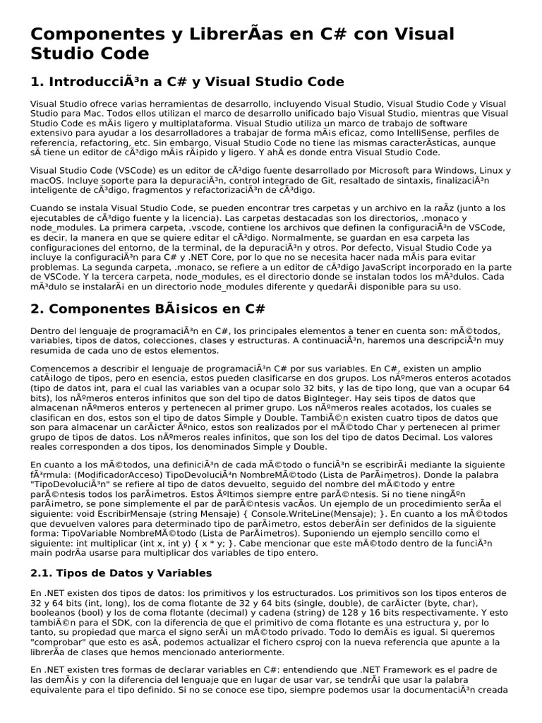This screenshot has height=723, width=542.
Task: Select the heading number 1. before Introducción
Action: click(x=37, y=81)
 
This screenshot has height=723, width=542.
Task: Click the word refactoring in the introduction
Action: click(x=89, y=142)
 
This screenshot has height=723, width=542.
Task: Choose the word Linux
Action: click(x=481, y=172)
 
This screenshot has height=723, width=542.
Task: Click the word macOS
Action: click(x=46, y=181)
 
